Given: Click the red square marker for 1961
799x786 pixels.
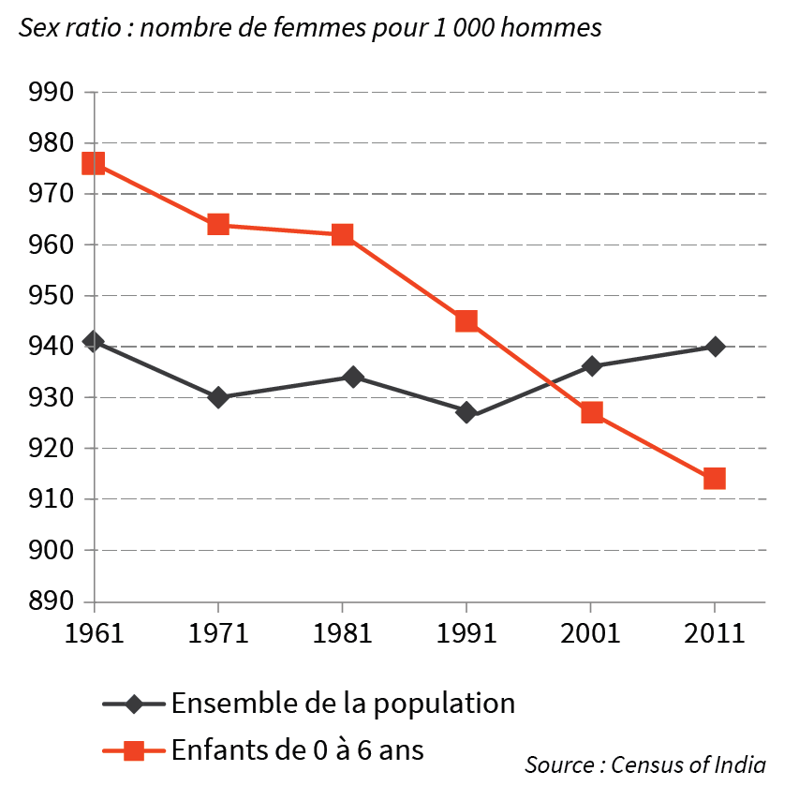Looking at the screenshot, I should point(94,164).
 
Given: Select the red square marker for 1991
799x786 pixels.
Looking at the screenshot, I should point(466,321).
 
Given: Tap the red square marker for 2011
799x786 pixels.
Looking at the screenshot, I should point(714,479).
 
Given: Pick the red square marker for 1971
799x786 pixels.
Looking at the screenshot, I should point(218,224).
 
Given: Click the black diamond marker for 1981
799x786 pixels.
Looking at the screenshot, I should point(353,377).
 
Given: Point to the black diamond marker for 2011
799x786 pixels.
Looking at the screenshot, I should point(715,347).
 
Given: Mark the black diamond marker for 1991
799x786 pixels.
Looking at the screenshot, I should point(466,412).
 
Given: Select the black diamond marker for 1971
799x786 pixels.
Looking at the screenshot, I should point(218,397).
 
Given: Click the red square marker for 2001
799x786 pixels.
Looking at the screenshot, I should point(591,412).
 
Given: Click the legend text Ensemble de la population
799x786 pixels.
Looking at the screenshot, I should point(343,703).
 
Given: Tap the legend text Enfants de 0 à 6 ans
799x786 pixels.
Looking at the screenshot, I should point(297,749).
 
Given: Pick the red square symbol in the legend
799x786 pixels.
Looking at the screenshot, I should point(134,749).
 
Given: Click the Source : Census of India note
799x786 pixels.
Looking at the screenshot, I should point(644,764).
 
